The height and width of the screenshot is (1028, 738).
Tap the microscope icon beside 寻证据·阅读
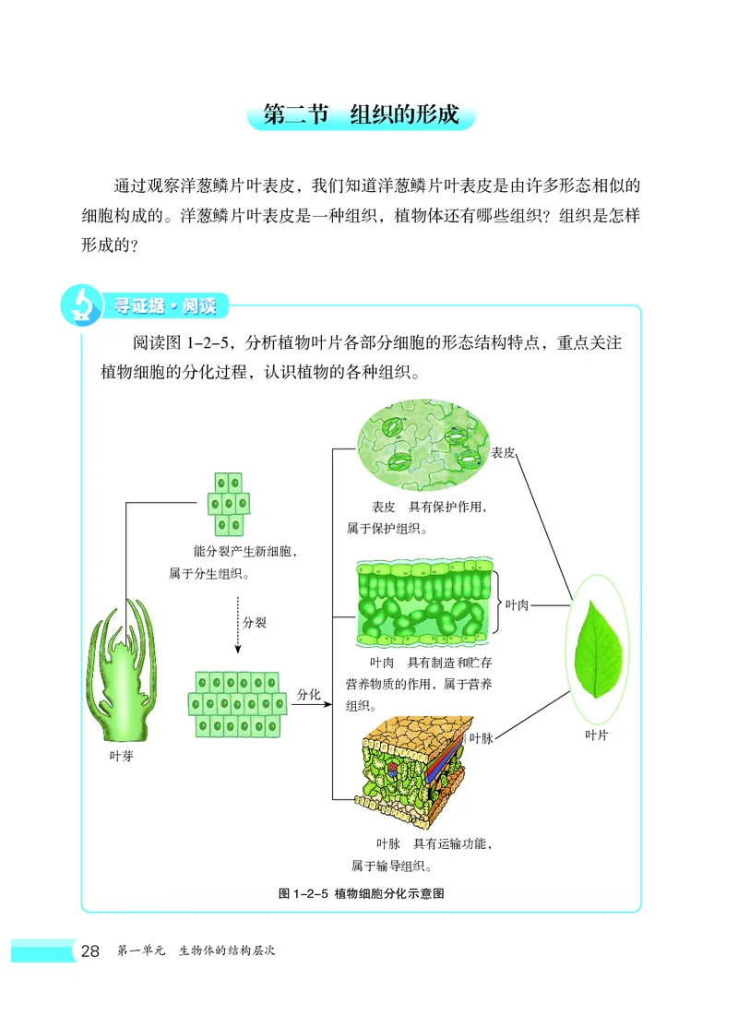[80, 306]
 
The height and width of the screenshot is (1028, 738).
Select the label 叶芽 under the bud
[121, 753]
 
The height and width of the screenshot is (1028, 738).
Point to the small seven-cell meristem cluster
[228, 504]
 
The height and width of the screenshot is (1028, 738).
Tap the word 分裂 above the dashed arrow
[255, 623]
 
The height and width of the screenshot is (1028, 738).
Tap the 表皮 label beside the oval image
[503, 453]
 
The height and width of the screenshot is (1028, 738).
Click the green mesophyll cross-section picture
[423, 601]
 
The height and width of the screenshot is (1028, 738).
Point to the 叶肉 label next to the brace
[517, 604]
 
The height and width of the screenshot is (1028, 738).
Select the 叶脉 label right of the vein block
[482, 737]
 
